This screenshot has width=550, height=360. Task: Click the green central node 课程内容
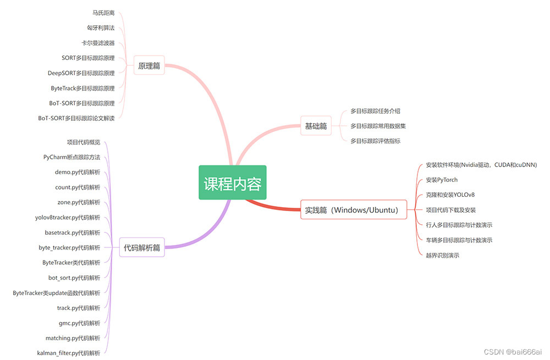(233, 183)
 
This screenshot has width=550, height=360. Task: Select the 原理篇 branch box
(149, 66)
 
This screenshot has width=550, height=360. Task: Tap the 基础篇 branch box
(316, 126)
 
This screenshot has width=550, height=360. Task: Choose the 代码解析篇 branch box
(142, 247)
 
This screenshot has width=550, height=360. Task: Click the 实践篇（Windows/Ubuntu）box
(354, 209)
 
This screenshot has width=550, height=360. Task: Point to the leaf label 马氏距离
(104, 13)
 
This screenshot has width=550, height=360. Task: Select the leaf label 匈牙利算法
(101, 27)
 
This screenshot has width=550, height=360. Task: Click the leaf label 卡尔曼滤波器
(98, 43)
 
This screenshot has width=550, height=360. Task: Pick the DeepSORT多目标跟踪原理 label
(81, 73)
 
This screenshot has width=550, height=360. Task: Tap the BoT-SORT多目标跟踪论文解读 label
(76, 118)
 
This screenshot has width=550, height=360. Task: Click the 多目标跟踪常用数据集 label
(378, 126)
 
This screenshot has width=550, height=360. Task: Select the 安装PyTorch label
(442, 180)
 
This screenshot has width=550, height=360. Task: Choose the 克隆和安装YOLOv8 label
(450, 195)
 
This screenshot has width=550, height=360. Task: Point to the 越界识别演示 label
(442, 255)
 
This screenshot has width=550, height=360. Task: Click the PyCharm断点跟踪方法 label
(72, 157)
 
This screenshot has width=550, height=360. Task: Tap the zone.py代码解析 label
(79, 202)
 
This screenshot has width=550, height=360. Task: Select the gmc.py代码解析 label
(79, 323)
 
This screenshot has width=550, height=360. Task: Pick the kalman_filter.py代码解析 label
(69, 353)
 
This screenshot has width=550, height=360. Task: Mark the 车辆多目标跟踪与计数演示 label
(459, 240)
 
